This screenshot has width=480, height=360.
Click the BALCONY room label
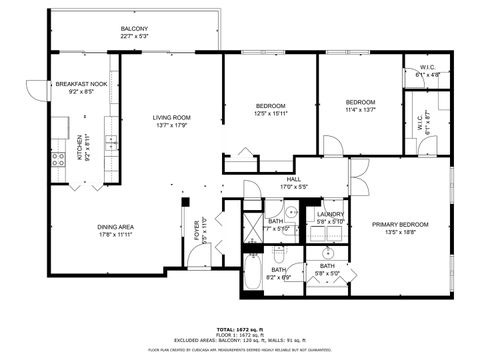click(134, 28)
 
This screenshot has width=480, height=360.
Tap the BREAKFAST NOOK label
click(75, 84)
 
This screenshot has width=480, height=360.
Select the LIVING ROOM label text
click(172, 117)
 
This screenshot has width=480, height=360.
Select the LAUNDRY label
click(330, 214)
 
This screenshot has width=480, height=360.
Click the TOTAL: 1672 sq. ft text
click(240, 328)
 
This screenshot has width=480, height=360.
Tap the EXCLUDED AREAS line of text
click(240, 340)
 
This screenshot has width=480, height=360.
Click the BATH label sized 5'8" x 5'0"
click(327, 267)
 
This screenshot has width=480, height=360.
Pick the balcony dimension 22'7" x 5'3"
click(134, 36)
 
